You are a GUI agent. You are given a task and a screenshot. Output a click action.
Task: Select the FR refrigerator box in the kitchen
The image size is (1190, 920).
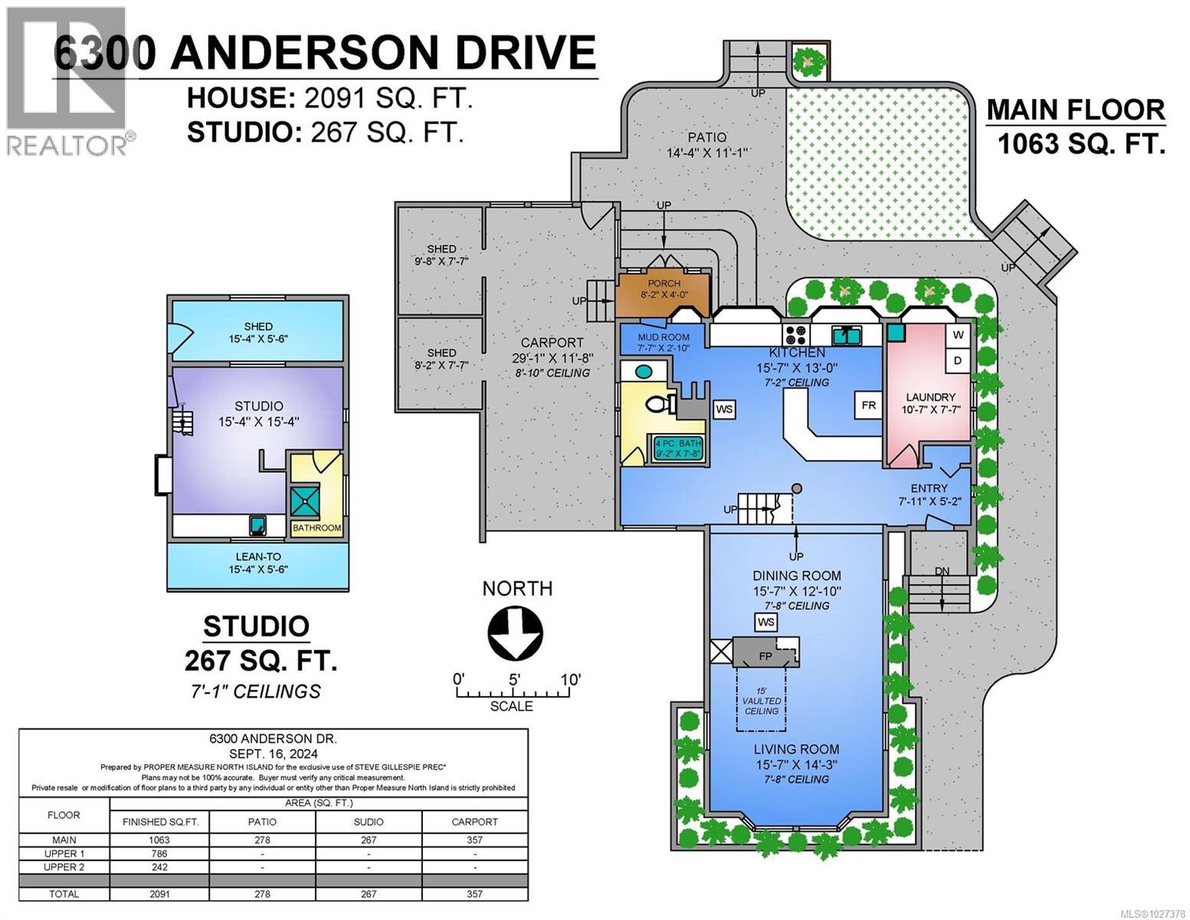point(868,406)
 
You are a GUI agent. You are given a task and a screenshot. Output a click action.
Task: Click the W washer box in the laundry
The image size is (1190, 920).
point(958,335)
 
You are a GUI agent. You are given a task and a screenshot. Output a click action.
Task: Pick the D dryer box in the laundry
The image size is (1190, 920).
point(958,360)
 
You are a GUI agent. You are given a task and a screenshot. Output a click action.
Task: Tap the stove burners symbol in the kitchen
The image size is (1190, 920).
point(795,335)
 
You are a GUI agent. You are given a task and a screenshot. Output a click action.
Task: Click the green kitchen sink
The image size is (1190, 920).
point(847,335)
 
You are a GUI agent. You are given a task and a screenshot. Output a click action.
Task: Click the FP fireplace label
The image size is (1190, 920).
point(765,657)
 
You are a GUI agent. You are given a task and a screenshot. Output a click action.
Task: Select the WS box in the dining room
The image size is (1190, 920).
point(765,623)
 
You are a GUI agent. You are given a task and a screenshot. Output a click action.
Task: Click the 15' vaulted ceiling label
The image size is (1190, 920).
point(762,701)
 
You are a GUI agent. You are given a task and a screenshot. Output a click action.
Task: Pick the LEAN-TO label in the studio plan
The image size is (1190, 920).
point(257,557)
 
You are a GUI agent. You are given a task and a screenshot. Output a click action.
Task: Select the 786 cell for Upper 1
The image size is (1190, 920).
point(160,853)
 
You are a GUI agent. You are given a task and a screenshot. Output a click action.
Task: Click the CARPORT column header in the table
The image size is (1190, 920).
point(474,821)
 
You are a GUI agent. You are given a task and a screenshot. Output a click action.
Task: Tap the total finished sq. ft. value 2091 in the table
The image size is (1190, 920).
point(160,894)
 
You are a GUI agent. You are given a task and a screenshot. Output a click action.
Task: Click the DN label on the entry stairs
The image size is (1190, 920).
point(942,572)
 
